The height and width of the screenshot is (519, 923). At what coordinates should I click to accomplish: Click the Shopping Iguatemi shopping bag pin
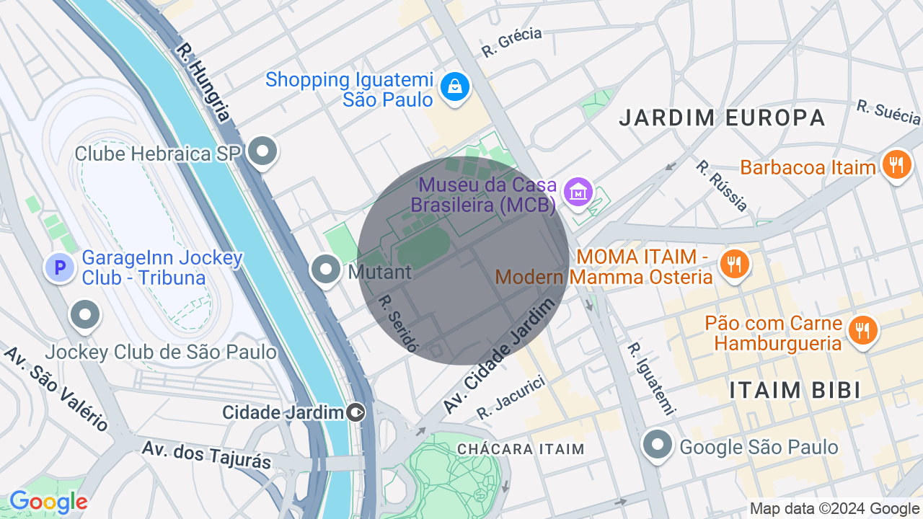click(455, 87)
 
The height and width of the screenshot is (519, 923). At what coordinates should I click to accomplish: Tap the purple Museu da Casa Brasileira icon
click(578, 192)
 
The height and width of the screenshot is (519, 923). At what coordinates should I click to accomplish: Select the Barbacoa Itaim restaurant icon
click(896, 165)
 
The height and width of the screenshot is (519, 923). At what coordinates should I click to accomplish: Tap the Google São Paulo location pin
click(658, 445)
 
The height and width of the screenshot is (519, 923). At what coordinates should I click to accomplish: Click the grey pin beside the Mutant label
click(326, 270)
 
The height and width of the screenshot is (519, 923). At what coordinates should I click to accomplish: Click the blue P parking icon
click(61, 268)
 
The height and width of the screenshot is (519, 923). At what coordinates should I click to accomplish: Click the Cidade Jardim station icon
click(356, 412)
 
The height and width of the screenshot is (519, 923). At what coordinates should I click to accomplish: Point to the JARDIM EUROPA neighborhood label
click(722, 117)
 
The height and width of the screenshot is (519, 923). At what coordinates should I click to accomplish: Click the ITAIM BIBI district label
click(795, 390)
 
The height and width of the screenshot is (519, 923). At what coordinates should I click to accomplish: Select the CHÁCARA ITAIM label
click(521, 449)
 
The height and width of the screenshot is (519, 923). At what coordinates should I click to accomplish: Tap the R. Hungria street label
click(203, 82)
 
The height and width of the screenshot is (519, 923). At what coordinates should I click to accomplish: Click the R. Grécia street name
click(511, 43)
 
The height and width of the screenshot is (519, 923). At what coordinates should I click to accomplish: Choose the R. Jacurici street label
click(510, 398)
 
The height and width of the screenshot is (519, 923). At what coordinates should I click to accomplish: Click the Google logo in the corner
click(48, 502)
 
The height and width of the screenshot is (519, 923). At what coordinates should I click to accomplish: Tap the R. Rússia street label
click(722, 185)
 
